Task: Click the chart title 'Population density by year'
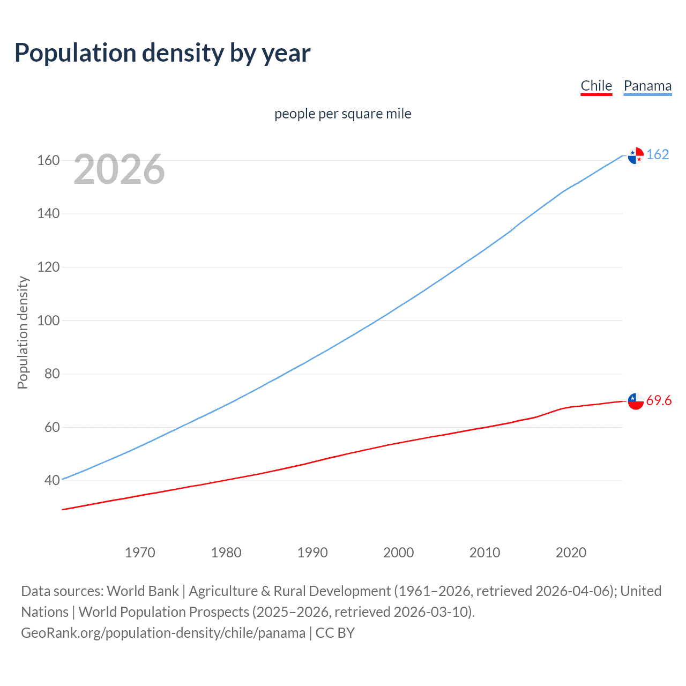point(162,53)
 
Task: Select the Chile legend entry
point(596,86)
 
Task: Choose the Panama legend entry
point(647,86)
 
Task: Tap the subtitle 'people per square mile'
point(342,114)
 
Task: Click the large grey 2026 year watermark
point(119,169)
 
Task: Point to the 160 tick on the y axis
point(48,160)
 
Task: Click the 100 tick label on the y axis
point(48,320)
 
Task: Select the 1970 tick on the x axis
point(140,552)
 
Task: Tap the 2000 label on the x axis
point(398,552)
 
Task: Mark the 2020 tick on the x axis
point(571,552)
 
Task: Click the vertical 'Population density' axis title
point(23,332)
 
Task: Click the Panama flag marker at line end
point(636,155)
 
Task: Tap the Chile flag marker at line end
point(636,401)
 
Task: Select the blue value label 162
point(658,154)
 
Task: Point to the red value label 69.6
point(659,400)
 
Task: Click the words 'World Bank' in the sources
point(143,591)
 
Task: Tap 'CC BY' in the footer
point(335,632)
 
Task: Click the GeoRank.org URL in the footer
point(163,632)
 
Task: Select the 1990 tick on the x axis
point(312,552)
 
